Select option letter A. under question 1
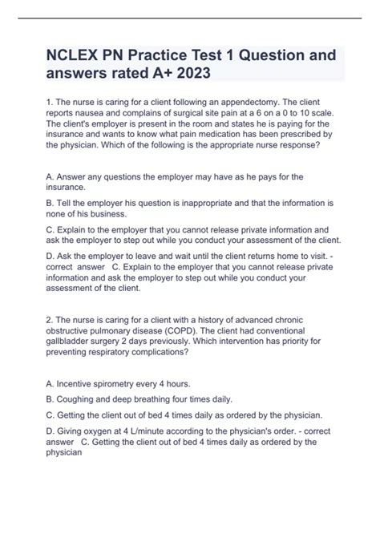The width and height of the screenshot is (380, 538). coord(51,175)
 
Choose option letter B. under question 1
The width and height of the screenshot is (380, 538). coord(51,203)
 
